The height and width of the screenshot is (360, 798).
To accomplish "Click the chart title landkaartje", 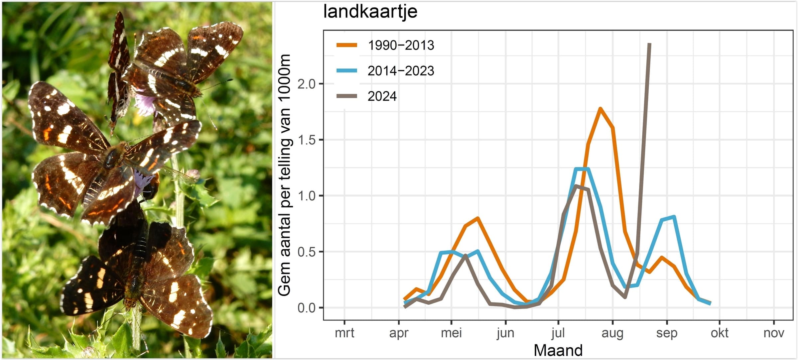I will click(x=370, y=12).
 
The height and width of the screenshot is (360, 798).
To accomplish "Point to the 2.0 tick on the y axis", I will click(x=306, y=84).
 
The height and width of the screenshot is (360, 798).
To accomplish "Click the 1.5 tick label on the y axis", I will click(x=306, y=140).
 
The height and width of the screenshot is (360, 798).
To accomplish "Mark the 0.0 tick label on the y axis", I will click(x=306, y=308).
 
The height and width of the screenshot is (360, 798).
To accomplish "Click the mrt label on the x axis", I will click(x=344, y=333).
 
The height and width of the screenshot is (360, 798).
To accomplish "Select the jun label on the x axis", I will click(x=505, y=333).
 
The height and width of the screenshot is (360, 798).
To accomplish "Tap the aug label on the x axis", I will click(x=612, y=333).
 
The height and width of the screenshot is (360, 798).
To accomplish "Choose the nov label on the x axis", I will click(x=774, y=333).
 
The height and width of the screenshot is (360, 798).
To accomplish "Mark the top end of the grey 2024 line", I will click(x=649, y=44).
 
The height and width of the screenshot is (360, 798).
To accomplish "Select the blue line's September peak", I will click(x=674, y=217).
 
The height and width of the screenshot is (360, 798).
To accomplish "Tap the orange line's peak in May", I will click(x=477, y=218).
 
